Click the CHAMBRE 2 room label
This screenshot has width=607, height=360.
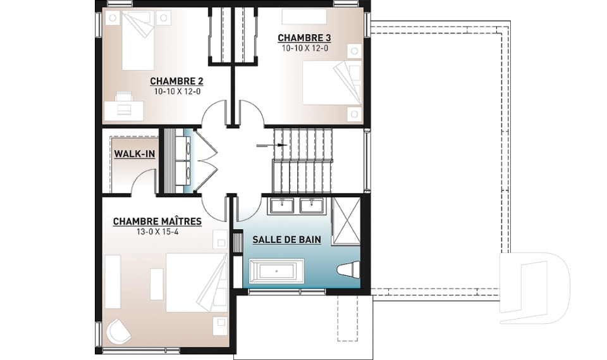tap(176, 82)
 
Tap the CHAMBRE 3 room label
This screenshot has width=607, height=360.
tap(305, 38)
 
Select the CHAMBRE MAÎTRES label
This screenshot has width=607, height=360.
tap(157, 221)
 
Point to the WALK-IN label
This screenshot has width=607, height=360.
tap(134, 154)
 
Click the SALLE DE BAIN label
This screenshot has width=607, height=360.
tap(287, 240)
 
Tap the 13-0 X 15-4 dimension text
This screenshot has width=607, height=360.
tap(157, 232)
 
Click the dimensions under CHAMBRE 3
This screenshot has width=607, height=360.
tap(305, 48)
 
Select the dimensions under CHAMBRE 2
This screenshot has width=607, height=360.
tap(177, 92)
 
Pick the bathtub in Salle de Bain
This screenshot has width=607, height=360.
tap(276, 271)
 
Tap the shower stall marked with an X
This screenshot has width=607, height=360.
tap(346, 221)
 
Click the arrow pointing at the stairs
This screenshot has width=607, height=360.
tap(272, 146)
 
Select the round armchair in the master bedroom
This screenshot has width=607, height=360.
tap(119, 330)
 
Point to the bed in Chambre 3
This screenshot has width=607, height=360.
tap(332, 82)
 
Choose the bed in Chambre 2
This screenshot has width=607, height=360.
tap(138, 40)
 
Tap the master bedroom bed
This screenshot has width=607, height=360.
tap(196, 283)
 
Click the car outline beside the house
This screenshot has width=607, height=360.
tap(534, 288)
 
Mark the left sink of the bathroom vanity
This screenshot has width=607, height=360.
tap(284, 205)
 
